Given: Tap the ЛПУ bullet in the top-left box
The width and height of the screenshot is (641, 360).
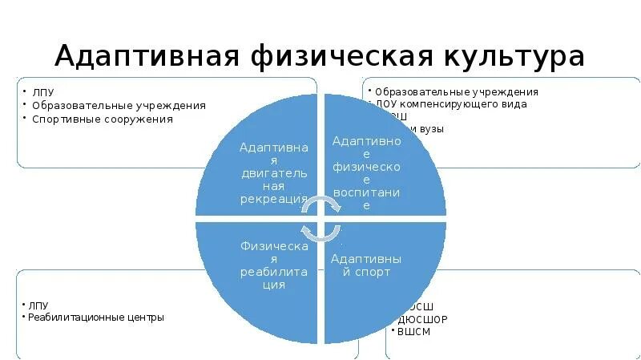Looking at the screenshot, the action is [41, 92].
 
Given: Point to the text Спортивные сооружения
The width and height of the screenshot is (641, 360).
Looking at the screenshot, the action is [102, 119].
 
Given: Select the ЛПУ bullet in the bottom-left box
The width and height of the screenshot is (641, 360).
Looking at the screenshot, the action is [38, 305].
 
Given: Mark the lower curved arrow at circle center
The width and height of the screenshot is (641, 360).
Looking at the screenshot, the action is [320, 232].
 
